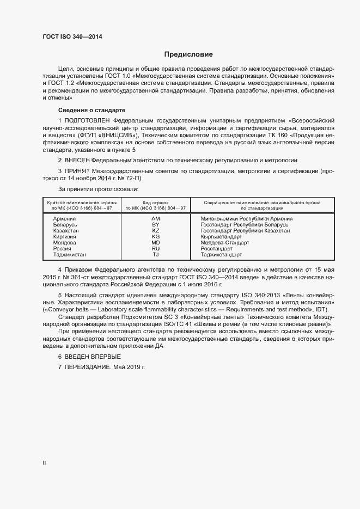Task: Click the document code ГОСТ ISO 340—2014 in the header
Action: (72, 37)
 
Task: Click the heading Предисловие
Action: (188, 54)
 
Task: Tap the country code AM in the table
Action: (155, 218)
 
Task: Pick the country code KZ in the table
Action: (155, 230)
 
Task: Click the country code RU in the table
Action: (155, 248)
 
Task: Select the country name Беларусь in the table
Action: (65, 224)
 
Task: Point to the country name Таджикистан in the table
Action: (69, 254)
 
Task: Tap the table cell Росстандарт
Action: (216, 248)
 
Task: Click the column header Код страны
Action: (155, 202)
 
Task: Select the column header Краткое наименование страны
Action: (81, 202)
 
